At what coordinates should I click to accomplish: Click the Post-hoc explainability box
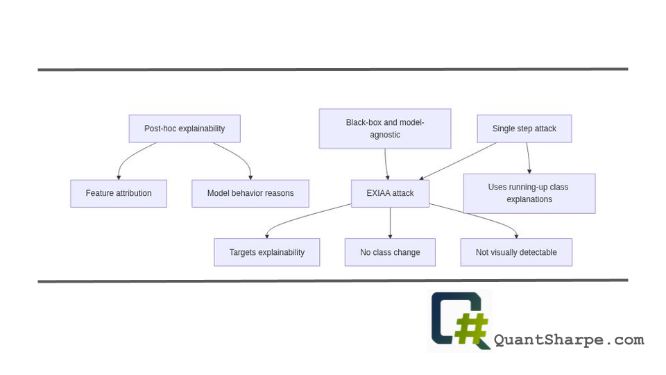tap(185, 128)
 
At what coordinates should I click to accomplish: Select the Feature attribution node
tap(119, 193)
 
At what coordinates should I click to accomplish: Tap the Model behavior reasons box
tap(250, 193)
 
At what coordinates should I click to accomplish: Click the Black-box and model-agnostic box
tap(384, 128)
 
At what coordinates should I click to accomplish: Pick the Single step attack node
tap(524, 128)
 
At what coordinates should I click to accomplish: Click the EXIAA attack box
tap(390, 193)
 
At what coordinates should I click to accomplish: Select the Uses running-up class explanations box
tap(529, 193)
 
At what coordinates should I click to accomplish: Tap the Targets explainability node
tap(266, 252)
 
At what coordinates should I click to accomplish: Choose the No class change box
tap(390, 252)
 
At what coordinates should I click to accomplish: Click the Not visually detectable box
tap(516, 252)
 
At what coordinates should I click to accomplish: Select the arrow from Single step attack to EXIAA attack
tap(458, 161)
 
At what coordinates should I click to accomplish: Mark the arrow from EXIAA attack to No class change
tap(390, 222)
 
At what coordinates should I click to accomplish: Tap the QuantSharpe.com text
tap(568, 340)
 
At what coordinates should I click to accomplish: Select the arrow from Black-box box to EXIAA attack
tap(386, 164)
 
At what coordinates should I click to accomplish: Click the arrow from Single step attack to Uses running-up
tap(528, 158)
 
